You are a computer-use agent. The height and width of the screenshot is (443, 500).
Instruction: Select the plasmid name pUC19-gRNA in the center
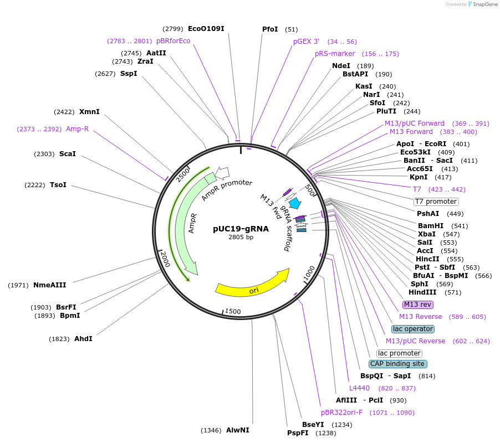241,228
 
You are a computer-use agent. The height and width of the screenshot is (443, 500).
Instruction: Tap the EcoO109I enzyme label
206,28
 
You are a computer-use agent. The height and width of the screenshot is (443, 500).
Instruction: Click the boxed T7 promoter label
436,202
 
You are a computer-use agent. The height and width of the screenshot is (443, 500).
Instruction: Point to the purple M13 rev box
418,305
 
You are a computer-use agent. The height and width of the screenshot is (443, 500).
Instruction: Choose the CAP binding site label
397,364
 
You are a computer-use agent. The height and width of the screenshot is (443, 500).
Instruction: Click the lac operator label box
413,329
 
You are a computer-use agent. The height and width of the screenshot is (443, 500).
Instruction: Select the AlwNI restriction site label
237,430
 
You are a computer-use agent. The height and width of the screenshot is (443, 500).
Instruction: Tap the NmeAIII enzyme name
49,285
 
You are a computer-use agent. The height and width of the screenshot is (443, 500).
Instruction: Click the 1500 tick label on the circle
232,312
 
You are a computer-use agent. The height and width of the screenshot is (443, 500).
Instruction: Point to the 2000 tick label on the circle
165,257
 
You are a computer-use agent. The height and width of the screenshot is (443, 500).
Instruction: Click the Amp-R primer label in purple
77,129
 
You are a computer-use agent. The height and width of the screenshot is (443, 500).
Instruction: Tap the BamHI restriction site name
431,226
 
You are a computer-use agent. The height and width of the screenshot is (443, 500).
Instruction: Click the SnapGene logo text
483,4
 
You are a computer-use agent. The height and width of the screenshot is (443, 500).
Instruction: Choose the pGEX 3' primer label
306,41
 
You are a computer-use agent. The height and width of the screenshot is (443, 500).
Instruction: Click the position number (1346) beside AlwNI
211,430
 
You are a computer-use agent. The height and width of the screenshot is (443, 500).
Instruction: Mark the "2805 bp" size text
241,238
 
